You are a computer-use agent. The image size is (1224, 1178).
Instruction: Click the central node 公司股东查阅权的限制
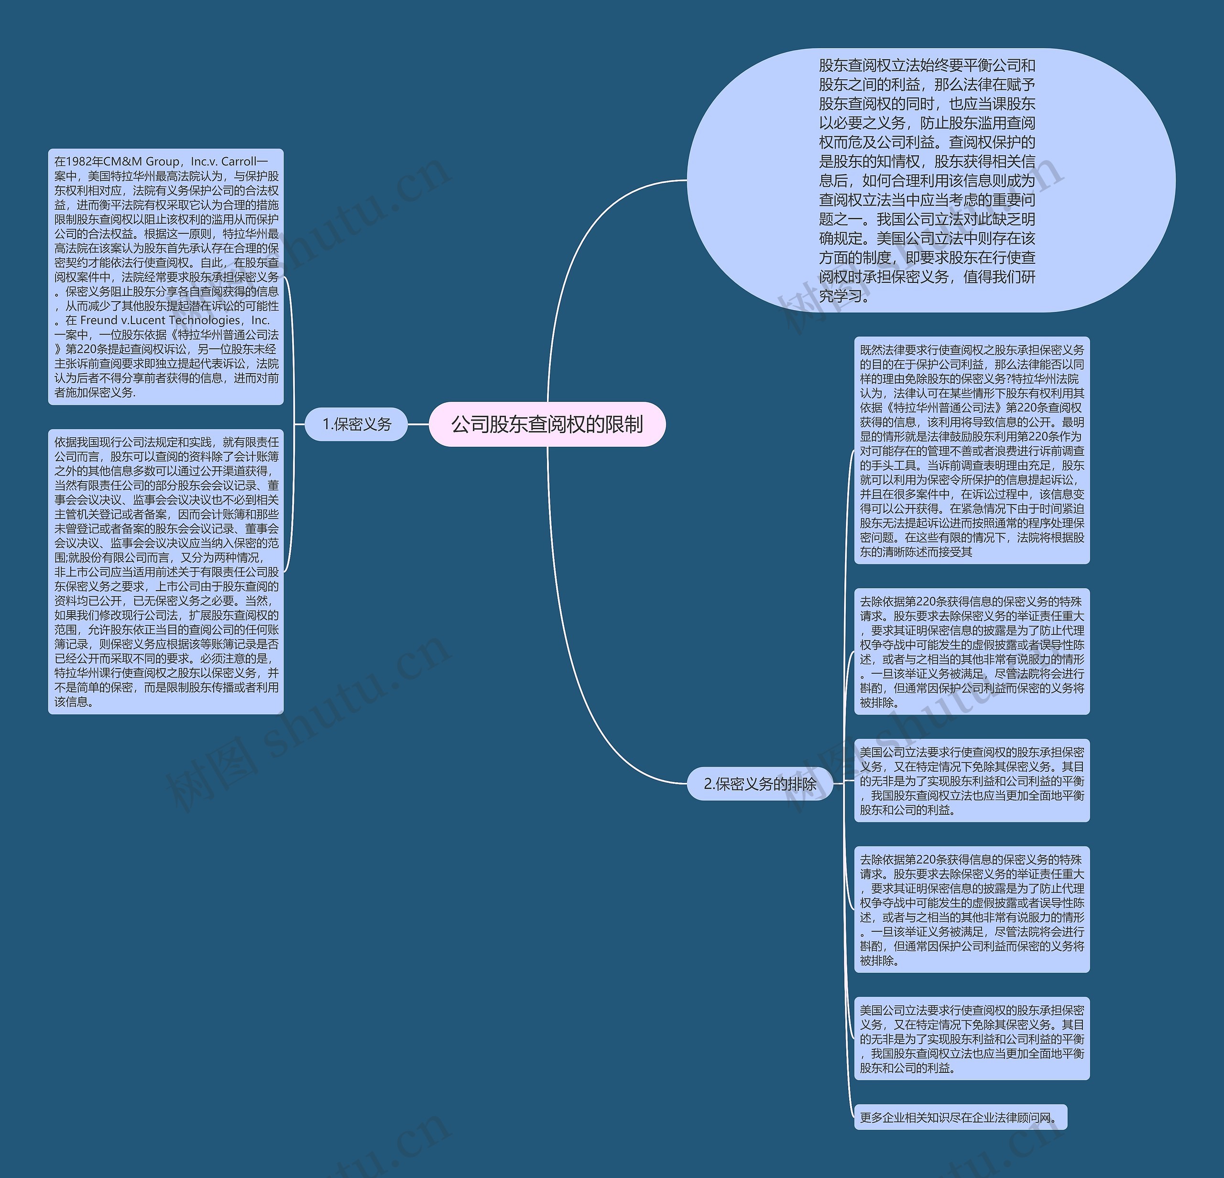pyautogui.click(x=547, y=424)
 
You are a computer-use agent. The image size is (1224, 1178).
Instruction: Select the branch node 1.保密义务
pyautogui.click(x=356, y=424)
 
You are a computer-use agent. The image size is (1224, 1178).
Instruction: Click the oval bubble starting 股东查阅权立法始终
pyautogui.click(x=930, y=181)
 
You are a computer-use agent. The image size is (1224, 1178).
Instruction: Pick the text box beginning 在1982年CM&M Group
pyautogui.click(x=166, y=277)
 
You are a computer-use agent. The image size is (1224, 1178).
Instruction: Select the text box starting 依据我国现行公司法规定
pyautogui.click(x=166, y=571)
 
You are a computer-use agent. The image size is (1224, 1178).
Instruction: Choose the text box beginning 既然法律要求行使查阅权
pyautogui.click(x=972, y=450)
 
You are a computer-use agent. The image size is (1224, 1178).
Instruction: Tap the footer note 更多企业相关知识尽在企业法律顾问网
pyautogui.click(x=960, y=1117)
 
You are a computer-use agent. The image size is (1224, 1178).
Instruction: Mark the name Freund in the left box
pyautogui.click(x=99, y=320)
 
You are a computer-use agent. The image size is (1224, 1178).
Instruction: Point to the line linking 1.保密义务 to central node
pyautogui.click(x=418, y=424)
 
